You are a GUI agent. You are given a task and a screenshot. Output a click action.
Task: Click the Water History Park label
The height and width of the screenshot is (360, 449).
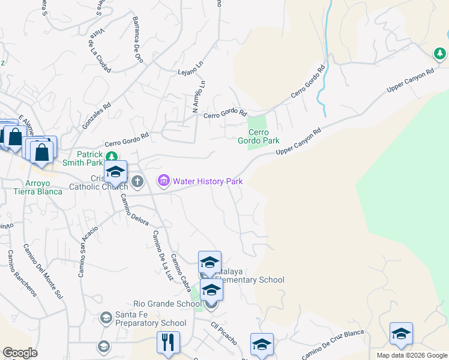[x=207, y=180]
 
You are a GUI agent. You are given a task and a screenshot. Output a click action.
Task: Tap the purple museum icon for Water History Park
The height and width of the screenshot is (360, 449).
[x=163, y=180]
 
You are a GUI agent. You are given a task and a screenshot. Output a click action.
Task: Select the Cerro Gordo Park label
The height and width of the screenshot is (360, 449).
[x=264, y=136]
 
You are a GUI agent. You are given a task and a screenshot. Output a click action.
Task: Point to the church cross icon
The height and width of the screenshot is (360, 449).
[x=137, y=181]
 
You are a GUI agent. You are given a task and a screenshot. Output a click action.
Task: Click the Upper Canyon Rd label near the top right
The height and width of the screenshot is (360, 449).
[x=410, y=80]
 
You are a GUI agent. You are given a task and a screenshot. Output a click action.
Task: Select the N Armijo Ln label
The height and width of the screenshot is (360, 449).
[x=199, y=97]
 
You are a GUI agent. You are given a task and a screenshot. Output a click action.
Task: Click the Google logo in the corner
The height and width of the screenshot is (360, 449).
[x=20, y=353]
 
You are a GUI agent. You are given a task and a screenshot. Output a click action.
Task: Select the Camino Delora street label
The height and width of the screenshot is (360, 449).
[x=134, y=210]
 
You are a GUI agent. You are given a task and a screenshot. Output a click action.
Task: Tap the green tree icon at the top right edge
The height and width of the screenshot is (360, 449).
[x=440, y=55]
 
